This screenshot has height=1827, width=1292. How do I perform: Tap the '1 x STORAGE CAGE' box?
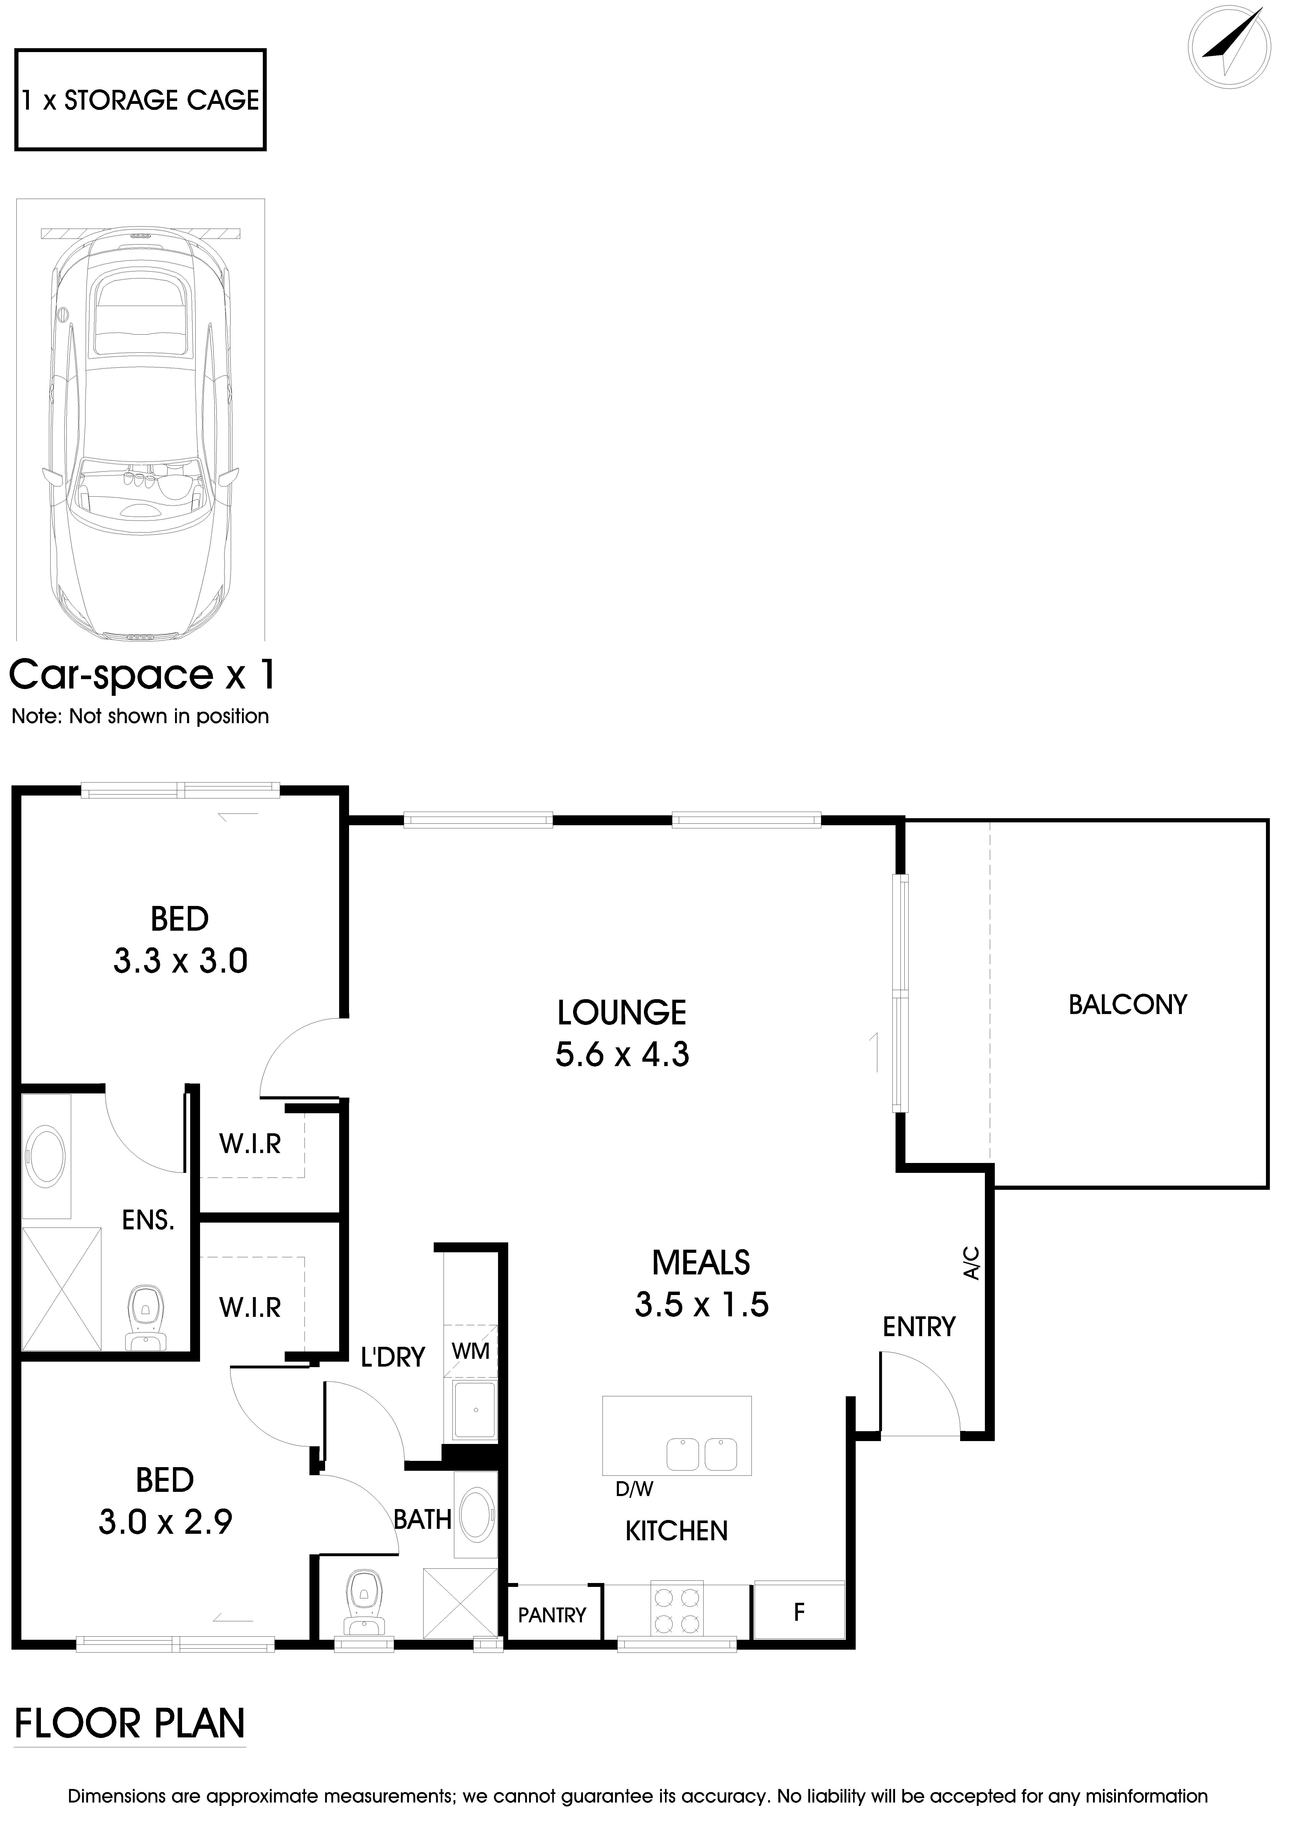(x=141, y=100)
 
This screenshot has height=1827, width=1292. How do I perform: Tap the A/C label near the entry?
(x=971, y=1263)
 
